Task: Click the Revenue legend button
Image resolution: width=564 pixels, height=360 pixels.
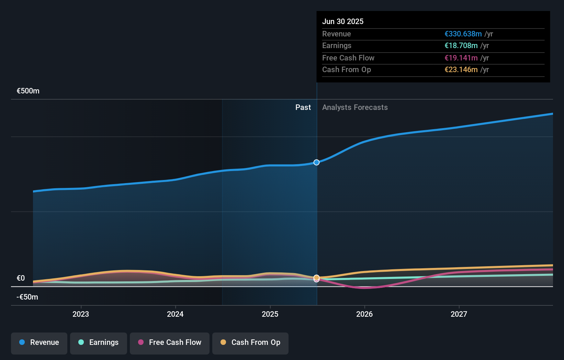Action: (x=39, y=342)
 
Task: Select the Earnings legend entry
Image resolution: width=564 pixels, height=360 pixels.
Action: (x=99, y=342)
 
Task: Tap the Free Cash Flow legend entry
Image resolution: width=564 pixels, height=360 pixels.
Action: (x=170, y=342)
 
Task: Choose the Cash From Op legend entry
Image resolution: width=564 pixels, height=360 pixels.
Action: (x=250, y=342)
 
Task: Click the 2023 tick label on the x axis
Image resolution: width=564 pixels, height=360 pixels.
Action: (x=81, y=314)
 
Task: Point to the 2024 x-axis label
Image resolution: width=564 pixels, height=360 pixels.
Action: (x=175, y=314)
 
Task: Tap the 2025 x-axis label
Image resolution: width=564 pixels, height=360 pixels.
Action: (x=270, y=314)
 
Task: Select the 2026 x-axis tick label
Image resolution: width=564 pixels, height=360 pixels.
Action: (x=364, y=314)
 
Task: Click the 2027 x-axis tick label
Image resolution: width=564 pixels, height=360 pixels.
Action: (x=459, y=314)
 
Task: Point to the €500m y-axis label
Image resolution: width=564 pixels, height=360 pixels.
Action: (x=28, y=91)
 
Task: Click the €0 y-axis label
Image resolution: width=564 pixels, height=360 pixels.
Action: (x=21, y=278)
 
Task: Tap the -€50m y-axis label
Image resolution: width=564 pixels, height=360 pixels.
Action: (x=27, y=297)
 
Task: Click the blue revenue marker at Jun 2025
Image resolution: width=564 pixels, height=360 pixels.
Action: (x=316, y=162)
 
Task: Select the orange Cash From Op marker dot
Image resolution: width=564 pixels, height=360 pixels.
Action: (x=316, y=277)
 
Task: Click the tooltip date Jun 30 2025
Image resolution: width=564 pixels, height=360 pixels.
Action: (x=343, y=21)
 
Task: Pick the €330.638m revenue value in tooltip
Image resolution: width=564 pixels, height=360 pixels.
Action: (x=463, y=34)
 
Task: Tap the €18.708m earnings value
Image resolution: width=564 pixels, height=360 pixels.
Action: (x=461, y=46)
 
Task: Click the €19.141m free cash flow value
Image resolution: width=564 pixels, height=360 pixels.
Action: (x=461, y=58)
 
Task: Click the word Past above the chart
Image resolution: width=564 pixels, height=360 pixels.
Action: (x=303, y=108)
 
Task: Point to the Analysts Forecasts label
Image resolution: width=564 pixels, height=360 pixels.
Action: (x=355, y=108)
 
